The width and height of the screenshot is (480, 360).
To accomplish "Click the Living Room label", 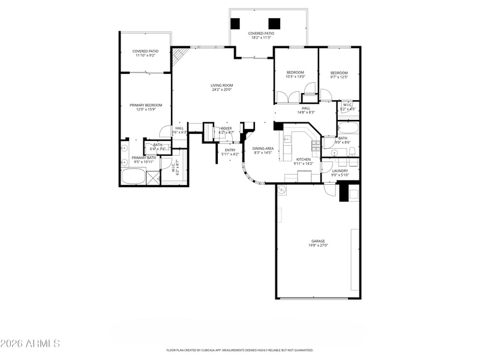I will pyautogui.click(x=221, y=85).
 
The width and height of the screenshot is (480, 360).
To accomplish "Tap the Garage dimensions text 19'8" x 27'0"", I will pyautogui.click(x=317, y=245).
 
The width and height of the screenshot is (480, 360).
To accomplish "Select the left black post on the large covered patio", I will pyautogui.click(x=235, y=23).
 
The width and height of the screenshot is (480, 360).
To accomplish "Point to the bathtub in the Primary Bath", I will pyautogui.click(x=133, y=177).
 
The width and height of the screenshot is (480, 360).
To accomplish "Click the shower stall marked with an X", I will pyautogui.click(x=154, y=178).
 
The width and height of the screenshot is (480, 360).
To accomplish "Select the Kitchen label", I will pyautogui.click(x=304, y=159).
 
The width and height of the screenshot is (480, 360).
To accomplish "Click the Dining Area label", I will pyautogui.click(x=263, y=148).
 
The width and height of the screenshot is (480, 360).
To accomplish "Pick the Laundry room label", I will pyautogui.click(x=340, y=171).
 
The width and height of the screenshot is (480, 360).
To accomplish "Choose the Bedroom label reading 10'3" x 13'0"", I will pyautogui.click(x=295, y=73).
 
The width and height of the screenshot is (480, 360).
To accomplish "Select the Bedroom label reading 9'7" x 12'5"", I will pyautogui.click(x=339, y=73).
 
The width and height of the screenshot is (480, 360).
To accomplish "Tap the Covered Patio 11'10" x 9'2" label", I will pyautogui.click(x=145, y=51).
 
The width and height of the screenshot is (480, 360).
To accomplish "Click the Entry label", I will pyautogui.click(x=230, y=150).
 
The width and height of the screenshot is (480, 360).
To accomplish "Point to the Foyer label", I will pyautogui.click(x=226, y=128).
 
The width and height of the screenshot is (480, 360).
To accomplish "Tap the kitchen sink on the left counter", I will pyautogui.click(x=287, y=143).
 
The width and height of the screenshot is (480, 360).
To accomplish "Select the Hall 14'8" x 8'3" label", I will pyautogui.click(x=306, y=109).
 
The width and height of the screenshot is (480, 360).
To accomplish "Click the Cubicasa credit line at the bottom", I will pyautogui.click(x=239, y=350).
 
